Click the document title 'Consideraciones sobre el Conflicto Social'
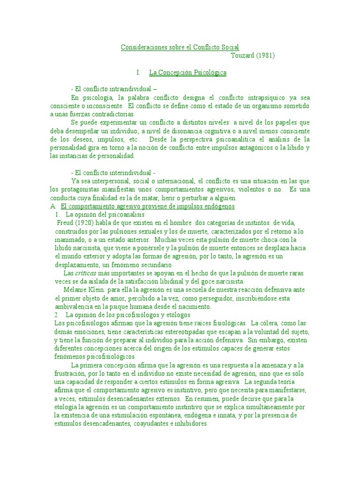pyautogui.click(x=180, y=47)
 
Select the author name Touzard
pyautogui.click(x=243, y=55)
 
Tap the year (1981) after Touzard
pyautogui.click(x=266, y=55)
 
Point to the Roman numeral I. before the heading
pyautogui.click(x=138, y=73)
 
